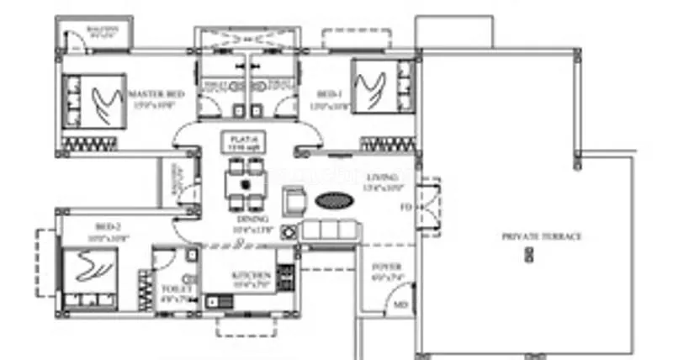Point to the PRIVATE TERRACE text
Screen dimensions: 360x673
(541, 237)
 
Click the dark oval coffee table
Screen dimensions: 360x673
(334, 201)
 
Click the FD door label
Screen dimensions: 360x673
(405, 205)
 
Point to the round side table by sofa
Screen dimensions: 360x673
(290, 231)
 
